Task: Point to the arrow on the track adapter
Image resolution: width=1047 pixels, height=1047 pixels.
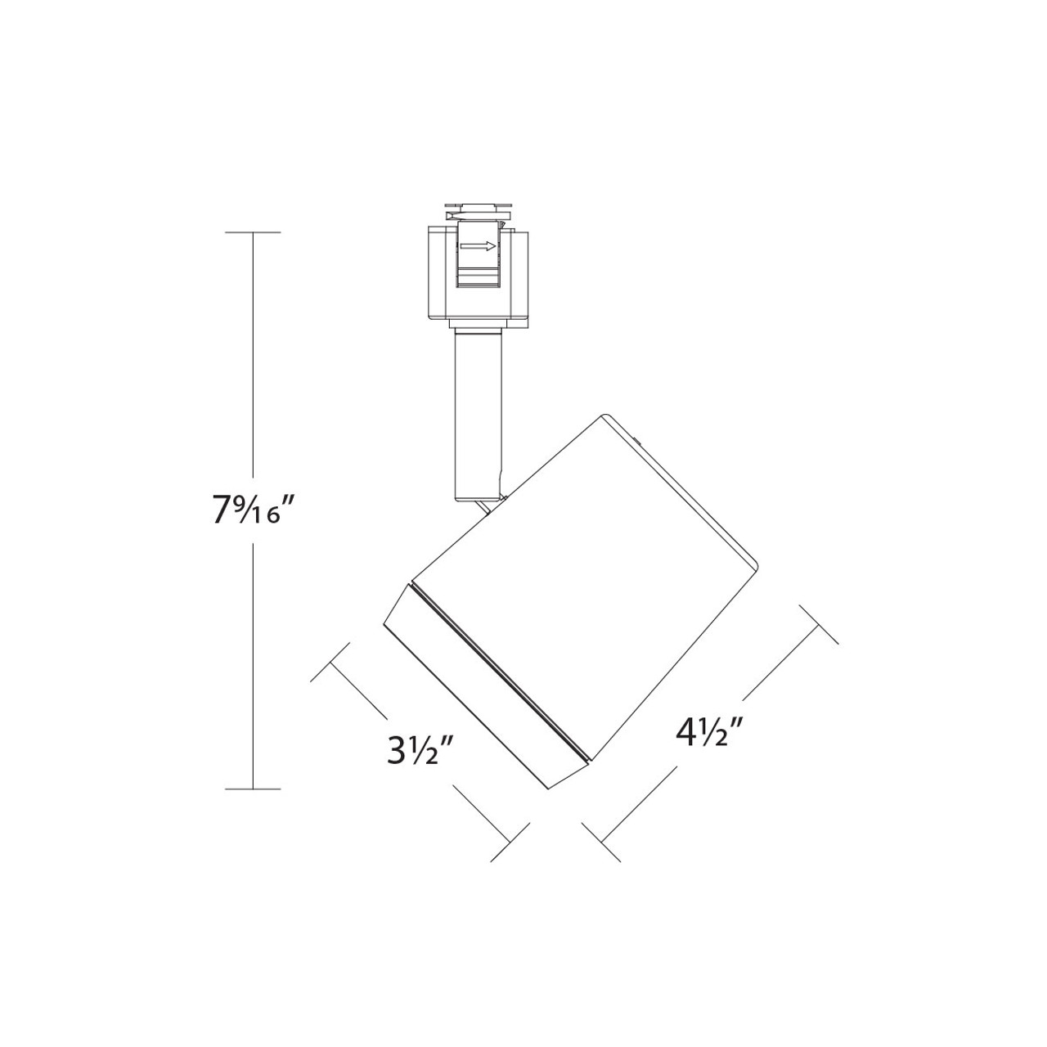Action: tap(479, 245)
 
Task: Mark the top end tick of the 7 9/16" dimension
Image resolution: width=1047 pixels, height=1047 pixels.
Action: tap(252, 233)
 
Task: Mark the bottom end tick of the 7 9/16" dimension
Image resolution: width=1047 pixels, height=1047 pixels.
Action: tap(252, 789)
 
